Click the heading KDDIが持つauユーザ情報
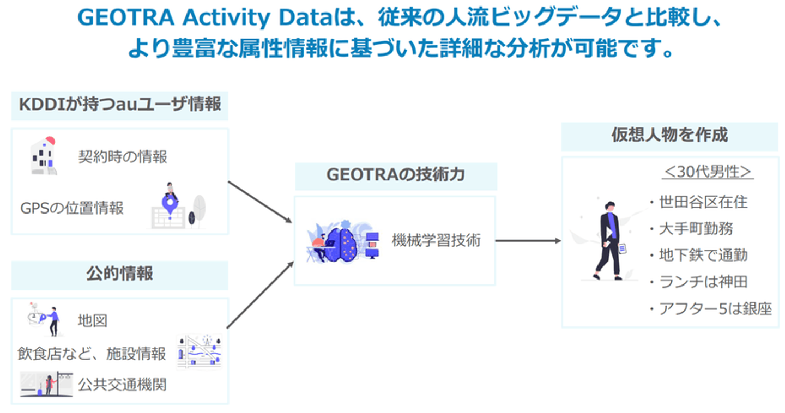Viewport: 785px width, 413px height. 120,104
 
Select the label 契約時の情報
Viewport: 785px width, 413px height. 123,157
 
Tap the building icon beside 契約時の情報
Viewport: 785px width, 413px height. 44,156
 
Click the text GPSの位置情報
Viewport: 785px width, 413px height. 72,208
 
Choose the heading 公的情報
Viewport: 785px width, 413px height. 120,274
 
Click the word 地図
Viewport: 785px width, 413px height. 92,320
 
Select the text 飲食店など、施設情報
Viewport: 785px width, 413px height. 92,354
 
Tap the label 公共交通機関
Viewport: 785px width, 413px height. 122,385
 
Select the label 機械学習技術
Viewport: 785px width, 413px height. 436,240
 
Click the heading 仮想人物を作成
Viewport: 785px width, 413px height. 669,135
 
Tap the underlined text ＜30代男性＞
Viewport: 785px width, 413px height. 708,172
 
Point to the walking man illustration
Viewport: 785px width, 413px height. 608,240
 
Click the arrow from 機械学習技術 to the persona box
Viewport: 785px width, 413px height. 528,241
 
